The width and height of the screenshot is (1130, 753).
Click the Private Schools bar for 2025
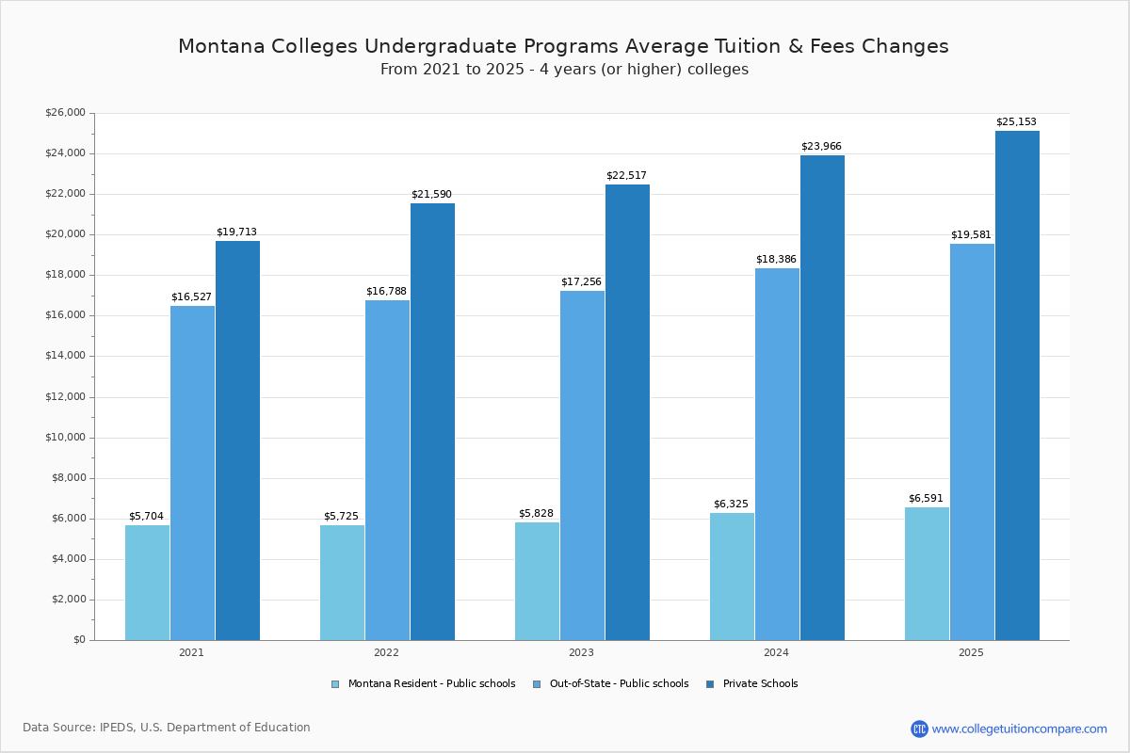1017,386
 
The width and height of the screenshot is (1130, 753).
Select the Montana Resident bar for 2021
147,583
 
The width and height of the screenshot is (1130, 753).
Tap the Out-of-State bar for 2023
582,466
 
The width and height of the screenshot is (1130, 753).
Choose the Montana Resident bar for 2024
732,576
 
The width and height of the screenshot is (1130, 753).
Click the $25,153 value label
1016,122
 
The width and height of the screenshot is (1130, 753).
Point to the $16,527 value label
191,297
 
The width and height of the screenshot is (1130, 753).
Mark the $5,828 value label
536,514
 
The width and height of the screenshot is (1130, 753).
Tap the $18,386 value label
776,260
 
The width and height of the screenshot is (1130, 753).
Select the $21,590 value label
431,195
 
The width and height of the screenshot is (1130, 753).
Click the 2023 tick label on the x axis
581,652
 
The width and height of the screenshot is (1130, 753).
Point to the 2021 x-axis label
191,652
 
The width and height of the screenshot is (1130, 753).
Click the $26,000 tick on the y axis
65,113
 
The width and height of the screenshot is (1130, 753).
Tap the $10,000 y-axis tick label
65,438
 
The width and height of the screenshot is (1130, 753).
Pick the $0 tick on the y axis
79,640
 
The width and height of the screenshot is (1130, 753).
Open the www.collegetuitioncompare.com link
1019,729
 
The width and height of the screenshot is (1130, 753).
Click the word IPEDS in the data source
117,728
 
